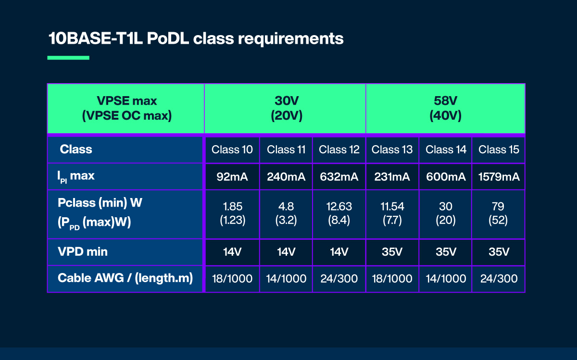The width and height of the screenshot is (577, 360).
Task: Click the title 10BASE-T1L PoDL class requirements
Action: pos(196,38)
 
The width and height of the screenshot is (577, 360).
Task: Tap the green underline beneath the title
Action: pos(68,58)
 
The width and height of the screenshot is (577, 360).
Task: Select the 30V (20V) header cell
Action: pos(285,109)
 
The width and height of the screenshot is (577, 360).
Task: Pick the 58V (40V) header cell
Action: pos(445,109)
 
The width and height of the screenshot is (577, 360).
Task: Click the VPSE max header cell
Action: pos(126,109)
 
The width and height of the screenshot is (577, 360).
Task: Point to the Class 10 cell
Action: pos(232,149)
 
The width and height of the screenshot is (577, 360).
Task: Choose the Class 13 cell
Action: pos(392,149)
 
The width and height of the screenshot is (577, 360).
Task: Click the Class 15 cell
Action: pos(499,149)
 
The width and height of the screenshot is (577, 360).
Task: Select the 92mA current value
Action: pos(232,177)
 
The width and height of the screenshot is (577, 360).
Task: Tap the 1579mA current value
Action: pos(499,177)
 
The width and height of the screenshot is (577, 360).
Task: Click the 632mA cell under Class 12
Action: pos(339,177)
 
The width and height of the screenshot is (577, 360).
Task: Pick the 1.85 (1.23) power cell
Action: pos(232,213)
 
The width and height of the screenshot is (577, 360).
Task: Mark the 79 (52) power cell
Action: pos(499,213)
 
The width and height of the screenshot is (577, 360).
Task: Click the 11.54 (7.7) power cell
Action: pos(392,213)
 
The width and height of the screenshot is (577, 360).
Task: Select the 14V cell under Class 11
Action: pos(286,252)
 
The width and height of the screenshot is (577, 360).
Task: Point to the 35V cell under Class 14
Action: pos(446,252)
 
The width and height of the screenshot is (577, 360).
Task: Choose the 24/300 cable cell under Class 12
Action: pos(339,279)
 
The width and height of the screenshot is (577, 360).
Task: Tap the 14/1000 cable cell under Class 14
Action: pos(446,279)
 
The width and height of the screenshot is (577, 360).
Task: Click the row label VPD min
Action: pos(83,251)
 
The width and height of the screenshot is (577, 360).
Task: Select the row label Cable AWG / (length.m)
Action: pos(125,278)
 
